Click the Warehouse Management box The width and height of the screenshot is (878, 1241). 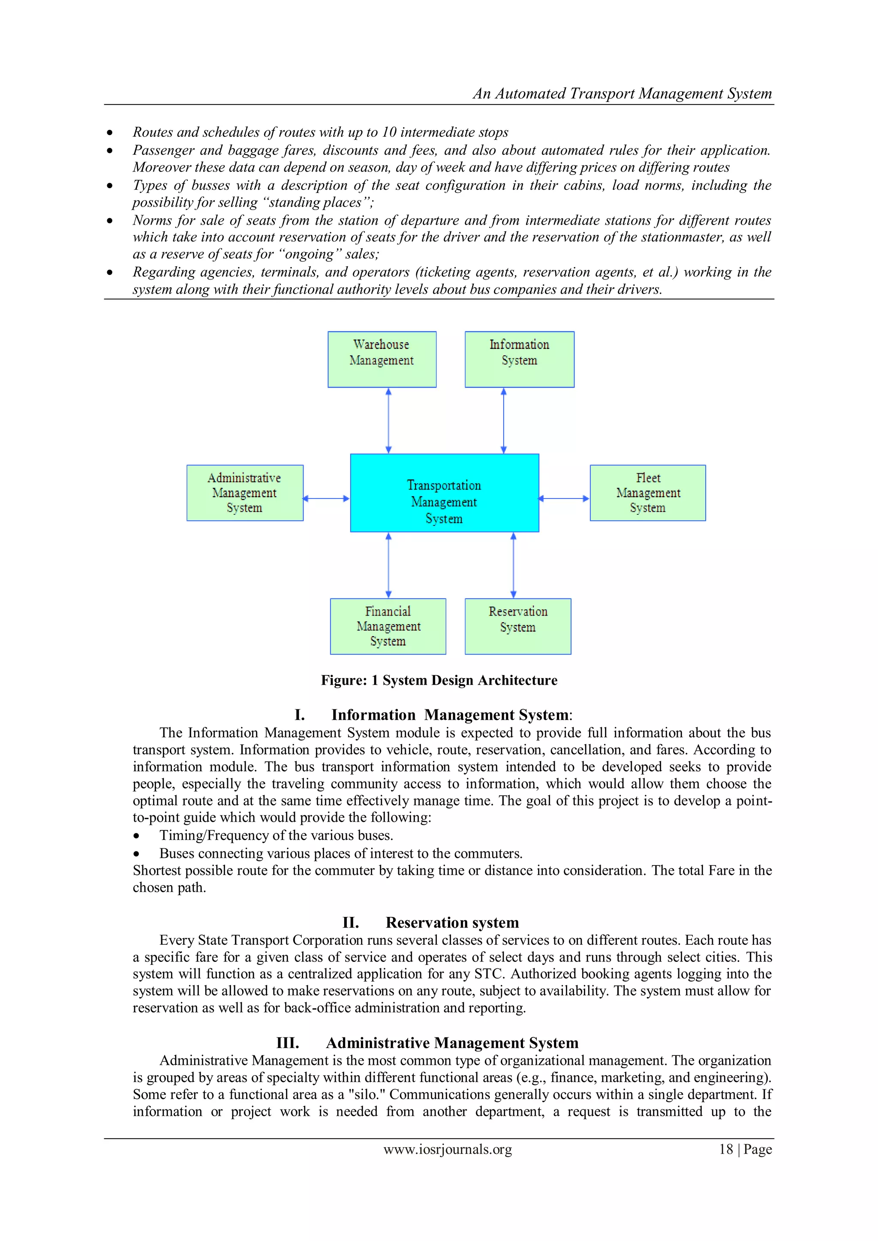pos(382,359)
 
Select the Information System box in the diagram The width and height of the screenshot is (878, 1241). pos(519,359)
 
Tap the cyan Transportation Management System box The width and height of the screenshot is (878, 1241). pos(445,493)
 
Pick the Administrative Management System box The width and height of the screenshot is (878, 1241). pos(245,493)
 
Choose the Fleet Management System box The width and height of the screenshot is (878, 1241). pos(648,493)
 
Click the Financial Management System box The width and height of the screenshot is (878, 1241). pos(388,626)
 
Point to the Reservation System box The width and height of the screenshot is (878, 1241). pos(518,626)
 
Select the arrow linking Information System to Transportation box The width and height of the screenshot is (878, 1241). pos(504,421)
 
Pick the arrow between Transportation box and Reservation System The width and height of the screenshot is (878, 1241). pos(514,565)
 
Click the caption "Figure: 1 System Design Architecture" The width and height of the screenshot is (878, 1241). pos(439,680)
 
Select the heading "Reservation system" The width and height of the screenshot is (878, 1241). pos(452,922)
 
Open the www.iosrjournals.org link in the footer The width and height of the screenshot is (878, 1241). pos(448,1149)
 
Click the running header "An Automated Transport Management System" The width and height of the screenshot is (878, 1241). pos(622,93)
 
